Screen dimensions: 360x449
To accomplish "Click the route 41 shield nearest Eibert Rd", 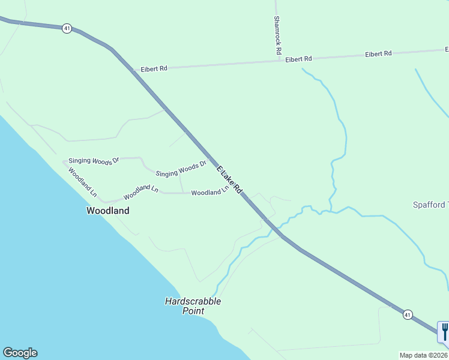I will coord(67,28).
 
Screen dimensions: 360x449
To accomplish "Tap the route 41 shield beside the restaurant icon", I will coord(408,314).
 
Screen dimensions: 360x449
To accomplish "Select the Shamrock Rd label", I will coord(277,35).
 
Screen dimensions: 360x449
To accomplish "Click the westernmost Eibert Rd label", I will coord(154,69).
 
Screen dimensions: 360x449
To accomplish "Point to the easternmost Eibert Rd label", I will coord(378,54).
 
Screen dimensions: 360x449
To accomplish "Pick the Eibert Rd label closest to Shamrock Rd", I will coord(298,59).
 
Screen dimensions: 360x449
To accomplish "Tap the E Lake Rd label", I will coord(229,179).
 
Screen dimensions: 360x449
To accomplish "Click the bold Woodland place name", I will coord(108,211).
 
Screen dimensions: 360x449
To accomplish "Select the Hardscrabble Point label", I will coord(193,306).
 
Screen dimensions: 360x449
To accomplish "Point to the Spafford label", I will coord(430,205).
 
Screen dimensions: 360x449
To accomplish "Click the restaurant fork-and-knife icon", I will coord(444,331).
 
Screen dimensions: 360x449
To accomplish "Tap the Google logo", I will coord(20,353).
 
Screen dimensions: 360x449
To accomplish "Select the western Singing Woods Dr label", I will coord(94,160).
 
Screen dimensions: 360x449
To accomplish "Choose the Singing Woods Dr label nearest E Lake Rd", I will coord(181,169).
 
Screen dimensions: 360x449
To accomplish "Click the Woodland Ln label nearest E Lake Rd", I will coord(210,191).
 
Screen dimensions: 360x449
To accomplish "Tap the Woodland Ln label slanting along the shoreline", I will coord(82,182).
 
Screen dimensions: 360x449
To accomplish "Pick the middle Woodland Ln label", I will coord(140,192).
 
